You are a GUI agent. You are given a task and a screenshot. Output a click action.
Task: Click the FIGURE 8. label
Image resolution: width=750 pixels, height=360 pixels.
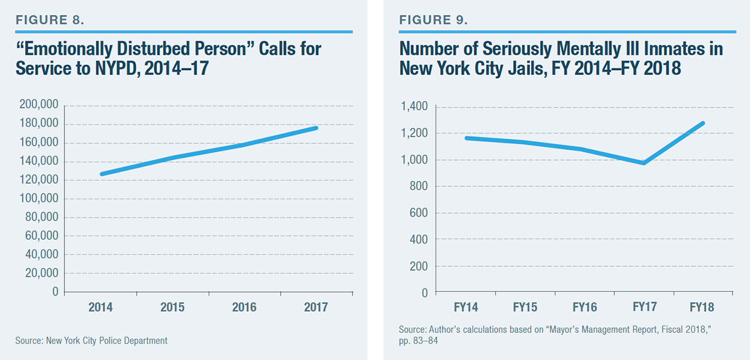click(49, 20)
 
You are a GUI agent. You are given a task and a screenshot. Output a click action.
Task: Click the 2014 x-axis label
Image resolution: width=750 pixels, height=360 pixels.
click(101, 307)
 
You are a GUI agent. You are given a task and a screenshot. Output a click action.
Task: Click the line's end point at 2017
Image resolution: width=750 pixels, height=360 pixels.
click(316, 128)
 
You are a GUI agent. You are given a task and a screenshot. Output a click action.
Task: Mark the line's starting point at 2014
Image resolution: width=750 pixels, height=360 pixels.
click(101, 174)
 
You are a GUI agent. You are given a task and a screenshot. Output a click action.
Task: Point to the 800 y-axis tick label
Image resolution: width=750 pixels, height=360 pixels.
click(419, 186)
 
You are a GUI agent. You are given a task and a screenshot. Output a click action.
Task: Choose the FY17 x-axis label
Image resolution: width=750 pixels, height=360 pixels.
click(644, 308)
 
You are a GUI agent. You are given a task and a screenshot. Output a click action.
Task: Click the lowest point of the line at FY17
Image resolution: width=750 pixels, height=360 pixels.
click(643, 163)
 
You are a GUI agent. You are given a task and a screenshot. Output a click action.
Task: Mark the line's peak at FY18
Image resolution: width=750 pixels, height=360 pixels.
click(703, 123)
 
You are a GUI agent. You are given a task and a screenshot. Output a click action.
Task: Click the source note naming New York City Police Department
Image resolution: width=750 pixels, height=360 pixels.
click(92, 341)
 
